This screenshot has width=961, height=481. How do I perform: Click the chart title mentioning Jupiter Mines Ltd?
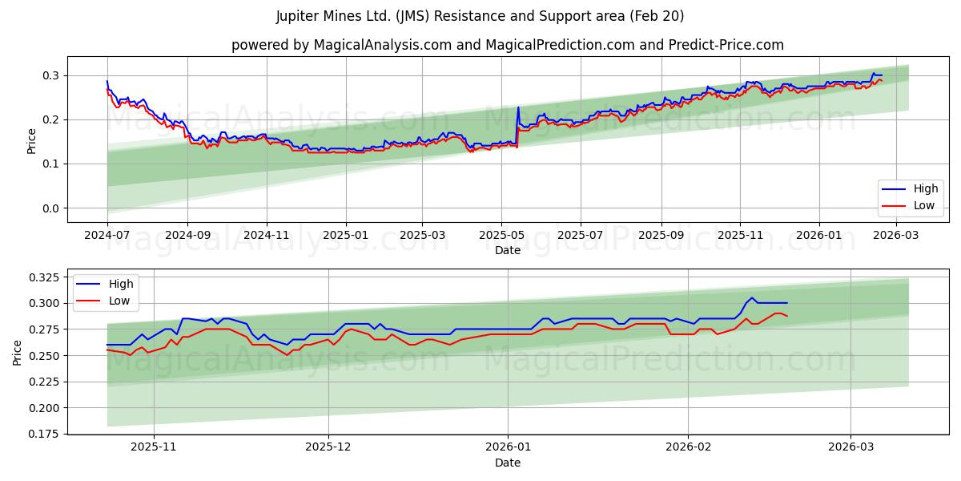click(x=480, y=16)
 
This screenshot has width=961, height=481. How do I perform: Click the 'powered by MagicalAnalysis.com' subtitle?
click(x=508, y=45)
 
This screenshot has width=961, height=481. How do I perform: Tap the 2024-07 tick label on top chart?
click(x=107, y=236)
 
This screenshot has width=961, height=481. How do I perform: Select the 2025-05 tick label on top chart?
click(x=501, y=236)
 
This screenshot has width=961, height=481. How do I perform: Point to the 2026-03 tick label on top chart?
click(x=896, y=236)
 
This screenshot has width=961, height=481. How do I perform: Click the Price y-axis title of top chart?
click(x=32, y=140)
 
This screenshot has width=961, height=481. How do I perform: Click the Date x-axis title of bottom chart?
click(x=508, y=463)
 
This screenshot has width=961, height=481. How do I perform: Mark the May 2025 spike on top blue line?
click(x=518, y=107)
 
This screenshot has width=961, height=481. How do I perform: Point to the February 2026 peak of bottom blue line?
click(x=751, y=297)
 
